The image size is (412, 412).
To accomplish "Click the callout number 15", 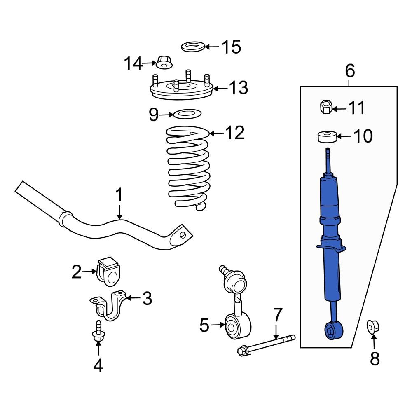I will (231, 47).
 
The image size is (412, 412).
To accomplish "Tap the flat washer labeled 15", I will (193, 47).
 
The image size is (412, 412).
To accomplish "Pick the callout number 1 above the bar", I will (119, 195).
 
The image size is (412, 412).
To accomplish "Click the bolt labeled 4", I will (98, 332).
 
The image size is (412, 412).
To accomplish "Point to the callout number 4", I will (98, 365).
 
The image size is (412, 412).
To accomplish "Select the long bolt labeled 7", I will (266, 344).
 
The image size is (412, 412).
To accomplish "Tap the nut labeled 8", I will (373, 328).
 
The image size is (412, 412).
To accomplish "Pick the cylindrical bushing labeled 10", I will (327, 136).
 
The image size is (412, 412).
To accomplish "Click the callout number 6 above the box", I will (349, 71).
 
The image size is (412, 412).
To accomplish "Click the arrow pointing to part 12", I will (217, 133).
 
